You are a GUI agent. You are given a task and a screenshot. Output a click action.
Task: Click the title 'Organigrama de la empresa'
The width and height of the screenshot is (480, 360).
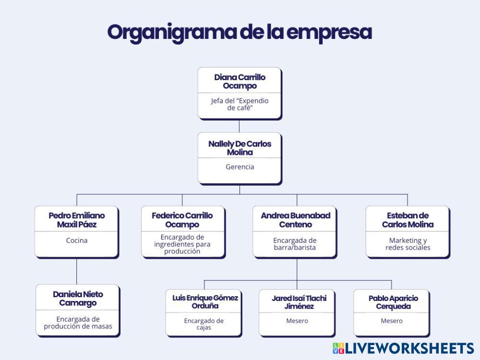[x=240, y=32]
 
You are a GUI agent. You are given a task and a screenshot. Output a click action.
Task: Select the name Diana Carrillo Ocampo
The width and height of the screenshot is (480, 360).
[x=240, y=82]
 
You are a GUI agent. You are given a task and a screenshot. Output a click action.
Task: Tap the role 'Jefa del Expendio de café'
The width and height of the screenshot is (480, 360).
[x=240, y=104]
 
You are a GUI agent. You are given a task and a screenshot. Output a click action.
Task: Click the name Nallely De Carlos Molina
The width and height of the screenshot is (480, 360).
[x=240, y=148]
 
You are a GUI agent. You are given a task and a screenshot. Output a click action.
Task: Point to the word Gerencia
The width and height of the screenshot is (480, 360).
[x=240, y=167]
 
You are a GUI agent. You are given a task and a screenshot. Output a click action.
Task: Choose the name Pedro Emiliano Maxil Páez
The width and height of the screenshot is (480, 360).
[x=77, y=220]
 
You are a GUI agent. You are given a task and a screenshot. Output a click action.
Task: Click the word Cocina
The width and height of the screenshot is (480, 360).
[x=77, y=240]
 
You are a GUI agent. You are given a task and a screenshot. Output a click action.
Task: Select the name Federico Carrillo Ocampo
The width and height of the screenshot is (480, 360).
[x=182, y=220]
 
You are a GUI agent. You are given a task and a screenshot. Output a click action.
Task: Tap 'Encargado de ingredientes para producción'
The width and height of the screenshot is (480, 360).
[x=182, y=244]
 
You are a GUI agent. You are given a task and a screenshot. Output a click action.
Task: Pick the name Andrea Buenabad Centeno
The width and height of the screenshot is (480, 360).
[x=296, y=220]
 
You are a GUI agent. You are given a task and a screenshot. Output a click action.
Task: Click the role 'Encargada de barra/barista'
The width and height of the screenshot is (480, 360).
[x=296, y=244]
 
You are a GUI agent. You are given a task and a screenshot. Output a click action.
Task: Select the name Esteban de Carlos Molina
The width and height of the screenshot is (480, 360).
[x=408, y=220]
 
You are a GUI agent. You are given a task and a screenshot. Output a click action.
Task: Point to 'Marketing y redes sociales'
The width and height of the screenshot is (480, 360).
[x=408, y=244]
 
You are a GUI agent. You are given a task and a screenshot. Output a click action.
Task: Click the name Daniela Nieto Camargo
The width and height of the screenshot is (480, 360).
[x=78, y=299]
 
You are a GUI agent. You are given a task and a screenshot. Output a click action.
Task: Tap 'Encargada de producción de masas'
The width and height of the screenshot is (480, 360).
[x=78, y=323]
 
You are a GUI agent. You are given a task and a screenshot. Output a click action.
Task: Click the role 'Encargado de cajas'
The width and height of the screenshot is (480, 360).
[x=204, y=324]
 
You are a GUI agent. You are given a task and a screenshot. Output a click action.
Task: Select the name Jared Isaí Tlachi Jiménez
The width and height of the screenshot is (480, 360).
[x=299, y=302]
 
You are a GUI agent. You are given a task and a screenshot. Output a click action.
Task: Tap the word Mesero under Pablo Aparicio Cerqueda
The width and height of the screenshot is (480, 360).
[x=392, y=321]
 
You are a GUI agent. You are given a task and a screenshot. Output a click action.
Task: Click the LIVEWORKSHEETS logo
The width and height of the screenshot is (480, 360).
[x=403, y=348]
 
